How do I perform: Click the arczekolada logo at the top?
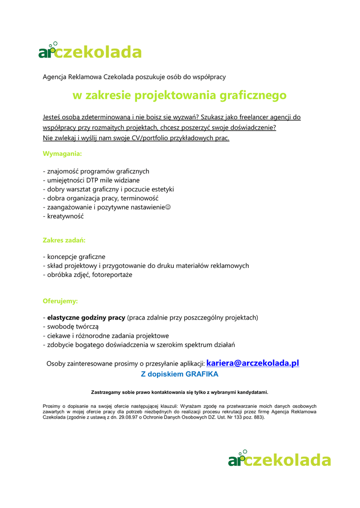(90, 51)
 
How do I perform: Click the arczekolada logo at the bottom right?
(279, 459)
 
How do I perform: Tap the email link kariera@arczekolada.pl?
(253, 363)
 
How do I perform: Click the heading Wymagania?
(62, 154)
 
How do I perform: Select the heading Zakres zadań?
(64, 240)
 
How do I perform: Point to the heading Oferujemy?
(60, 301)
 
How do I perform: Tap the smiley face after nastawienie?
(168, 207)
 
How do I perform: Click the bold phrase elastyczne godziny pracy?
(86, 317)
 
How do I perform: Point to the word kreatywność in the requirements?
(66, 216)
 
